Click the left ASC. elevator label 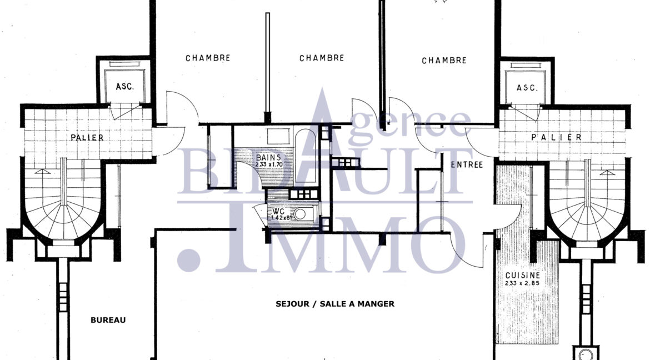tap(125, 87)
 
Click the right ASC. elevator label tap(526, 88)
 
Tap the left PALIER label tap(87, 137)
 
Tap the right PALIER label tap(548, 137)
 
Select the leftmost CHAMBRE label tap(208, 58)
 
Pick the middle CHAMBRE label tap(322, 58)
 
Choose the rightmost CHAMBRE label tap(444, 60)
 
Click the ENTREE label tap(467, 164)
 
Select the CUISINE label tap(523, 275)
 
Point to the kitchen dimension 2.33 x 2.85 tap(523, 283)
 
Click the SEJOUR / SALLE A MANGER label tap(335, 304)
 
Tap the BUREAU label tap(108, 319)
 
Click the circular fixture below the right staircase tap(583, 354)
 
